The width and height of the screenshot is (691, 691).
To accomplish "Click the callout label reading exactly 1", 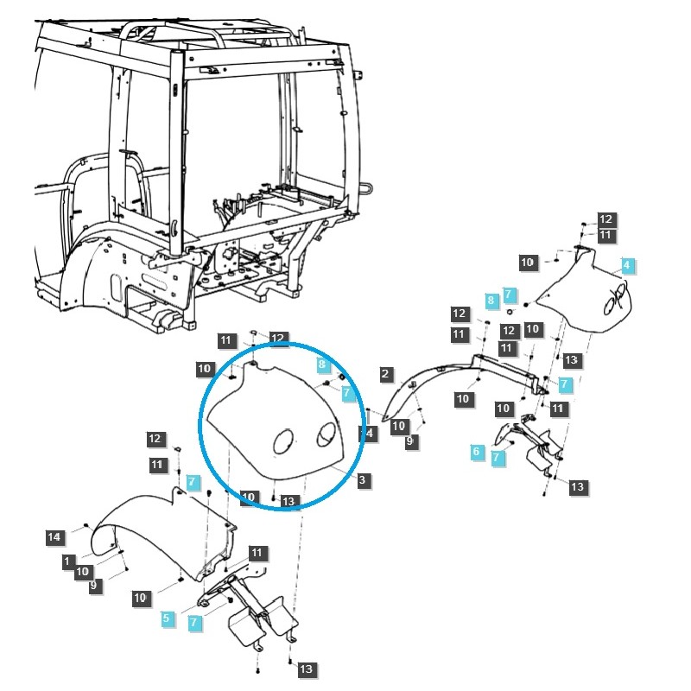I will click(68, 561).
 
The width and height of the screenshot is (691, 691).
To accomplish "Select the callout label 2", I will click(386, 375).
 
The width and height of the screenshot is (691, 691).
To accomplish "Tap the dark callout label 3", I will click(364, 479).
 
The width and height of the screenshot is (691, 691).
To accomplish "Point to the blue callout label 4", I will click(627, 264).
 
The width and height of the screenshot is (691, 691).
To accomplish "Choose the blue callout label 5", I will click(167, 618).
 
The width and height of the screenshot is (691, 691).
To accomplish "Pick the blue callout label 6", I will click(476, 451).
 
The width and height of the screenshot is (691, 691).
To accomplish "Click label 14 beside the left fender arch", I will click(54, 537).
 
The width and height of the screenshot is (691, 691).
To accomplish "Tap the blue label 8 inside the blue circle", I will click(321, 365).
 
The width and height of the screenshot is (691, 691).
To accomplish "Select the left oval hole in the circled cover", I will click(284, 443).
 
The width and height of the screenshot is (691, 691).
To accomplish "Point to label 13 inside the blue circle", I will click(288, 501).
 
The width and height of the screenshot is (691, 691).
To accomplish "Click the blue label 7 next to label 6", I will click(497, 459).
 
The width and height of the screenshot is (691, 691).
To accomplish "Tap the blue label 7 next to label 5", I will click(194, 622).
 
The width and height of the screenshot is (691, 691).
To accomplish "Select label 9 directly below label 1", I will click(94, 586).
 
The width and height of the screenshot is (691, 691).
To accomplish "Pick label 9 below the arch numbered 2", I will click(411, 441).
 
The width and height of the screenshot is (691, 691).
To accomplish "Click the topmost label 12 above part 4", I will click(605, 220).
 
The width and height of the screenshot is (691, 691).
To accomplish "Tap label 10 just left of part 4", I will click(528, 262).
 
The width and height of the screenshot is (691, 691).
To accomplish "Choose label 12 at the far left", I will click(155, 440).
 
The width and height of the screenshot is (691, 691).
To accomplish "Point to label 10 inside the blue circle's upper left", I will click(205, 370).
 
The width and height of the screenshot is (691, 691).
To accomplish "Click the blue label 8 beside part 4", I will click(491, 301).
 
